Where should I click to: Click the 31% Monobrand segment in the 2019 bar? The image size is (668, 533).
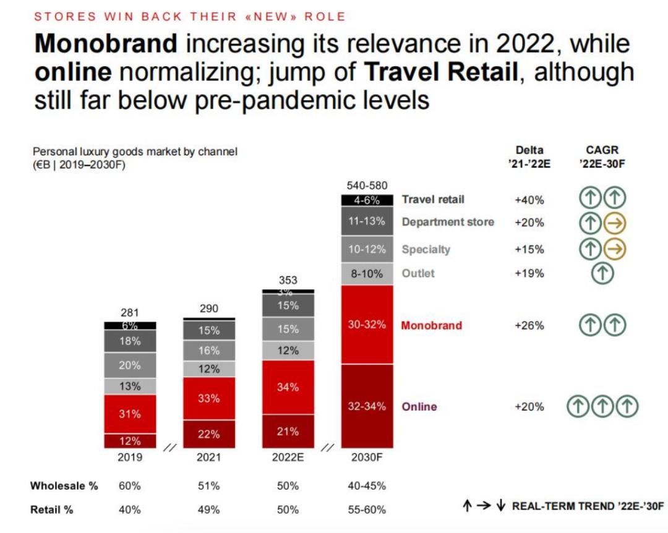[130, 414]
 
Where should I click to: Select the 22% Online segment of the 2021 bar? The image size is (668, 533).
[209, 434]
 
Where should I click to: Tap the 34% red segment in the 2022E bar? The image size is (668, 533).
[288, 387]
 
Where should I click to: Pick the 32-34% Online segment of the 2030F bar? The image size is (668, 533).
[367, 406]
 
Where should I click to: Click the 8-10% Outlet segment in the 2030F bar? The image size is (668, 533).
[367, 273]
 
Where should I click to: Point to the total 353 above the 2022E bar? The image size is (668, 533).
[288, 280]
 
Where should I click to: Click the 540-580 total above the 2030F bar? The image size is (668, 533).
[367, 185]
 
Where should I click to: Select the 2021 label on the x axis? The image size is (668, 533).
[209, 458]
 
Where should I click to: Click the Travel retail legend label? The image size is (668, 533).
[433, 199]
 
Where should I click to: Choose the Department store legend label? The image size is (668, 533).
[448, 221]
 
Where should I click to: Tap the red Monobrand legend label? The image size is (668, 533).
[432, 325]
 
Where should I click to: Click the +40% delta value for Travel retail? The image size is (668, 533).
[529, 200]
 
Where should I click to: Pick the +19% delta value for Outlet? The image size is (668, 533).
[529, 273]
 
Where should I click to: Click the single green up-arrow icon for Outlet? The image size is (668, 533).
[602, 273]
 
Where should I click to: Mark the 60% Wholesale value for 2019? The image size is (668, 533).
[130, 486]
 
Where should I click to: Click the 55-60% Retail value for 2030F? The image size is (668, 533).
[367, 510]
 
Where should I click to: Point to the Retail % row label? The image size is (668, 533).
[51, 510]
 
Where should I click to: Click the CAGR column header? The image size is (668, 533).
[602, 150]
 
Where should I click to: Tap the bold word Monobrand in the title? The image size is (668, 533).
[106, 45]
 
